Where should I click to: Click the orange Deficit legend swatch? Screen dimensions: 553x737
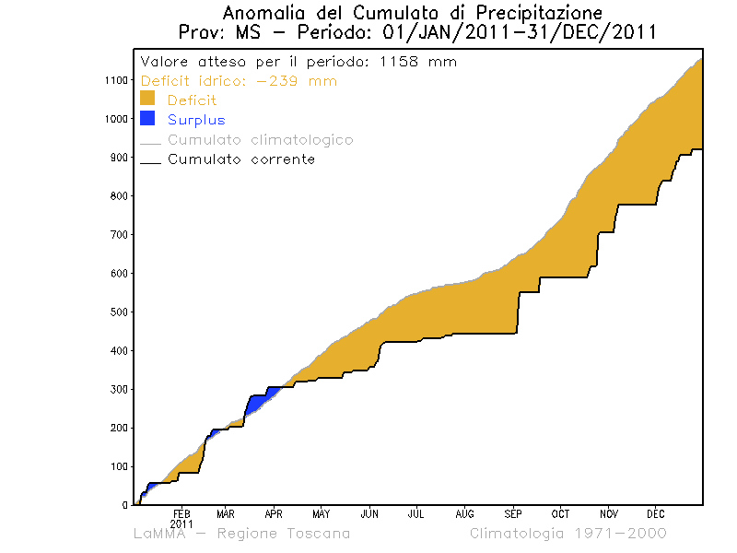[146, 99]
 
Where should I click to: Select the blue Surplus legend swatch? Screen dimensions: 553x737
[146, 118]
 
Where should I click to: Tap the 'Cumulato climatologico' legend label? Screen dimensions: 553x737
[260, 140]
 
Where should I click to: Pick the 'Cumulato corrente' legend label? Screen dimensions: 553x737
[240, 159]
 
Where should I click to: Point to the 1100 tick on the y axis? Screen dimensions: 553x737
[114, 80]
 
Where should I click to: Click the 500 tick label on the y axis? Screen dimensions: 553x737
[117, 312]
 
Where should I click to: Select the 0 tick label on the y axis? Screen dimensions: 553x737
[124, 505]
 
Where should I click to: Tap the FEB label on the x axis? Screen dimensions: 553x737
[181, 513]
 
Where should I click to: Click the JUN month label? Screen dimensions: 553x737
[369, 513]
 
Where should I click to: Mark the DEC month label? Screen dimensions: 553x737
[655, 513]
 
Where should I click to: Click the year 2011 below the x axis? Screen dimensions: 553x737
[181, 523]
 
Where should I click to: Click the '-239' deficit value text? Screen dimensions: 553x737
[276, 81]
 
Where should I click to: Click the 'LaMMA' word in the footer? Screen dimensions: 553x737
[164, 534]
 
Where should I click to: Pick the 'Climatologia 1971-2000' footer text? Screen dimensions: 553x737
[567, 534]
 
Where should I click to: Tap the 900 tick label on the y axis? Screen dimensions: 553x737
[117, 158]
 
